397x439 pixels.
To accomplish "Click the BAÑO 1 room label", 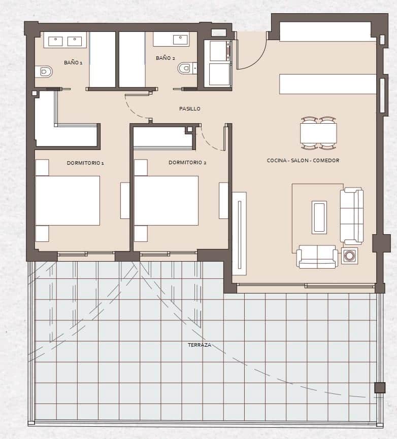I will tap(73, 63).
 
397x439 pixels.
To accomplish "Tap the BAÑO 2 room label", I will tap(164, 58).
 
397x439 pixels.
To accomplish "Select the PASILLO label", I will tap(189, 108).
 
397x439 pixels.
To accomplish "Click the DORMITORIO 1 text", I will tap(85, 163).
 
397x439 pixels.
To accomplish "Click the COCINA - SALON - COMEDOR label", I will tap(303, 160).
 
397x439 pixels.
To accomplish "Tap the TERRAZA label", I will tap(199, 345).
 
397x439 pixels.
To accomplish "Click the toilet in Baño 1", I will tap(44, 71).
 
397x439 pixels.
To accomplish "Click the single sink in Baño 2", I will tap(180, 39).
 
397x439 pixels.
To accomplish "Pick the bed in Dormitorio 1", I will tap(68, 200).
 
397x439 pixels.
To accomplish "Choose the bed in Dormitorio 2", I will tap(166, 200).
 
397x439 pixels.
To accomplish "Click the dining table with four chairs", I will tap(318, 133).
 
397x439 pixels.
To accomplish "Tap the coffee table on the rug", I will tap(319, 217).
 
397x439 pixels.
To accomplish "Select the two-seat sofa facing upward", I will tap(317, 257).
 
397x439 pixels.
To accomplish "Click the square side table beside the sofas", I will tap(349, 256).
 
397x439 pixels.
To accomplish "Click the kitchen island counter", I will tap(327, 84).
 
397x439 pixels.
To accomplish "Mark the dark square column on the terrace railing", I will tap(379, 388).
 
